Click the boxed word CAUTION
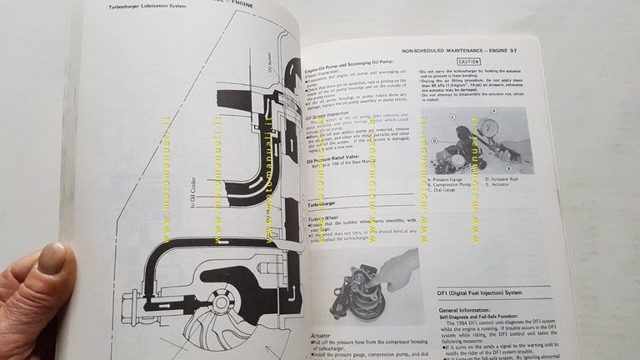469,62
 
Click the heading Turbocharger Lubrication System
151,8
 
